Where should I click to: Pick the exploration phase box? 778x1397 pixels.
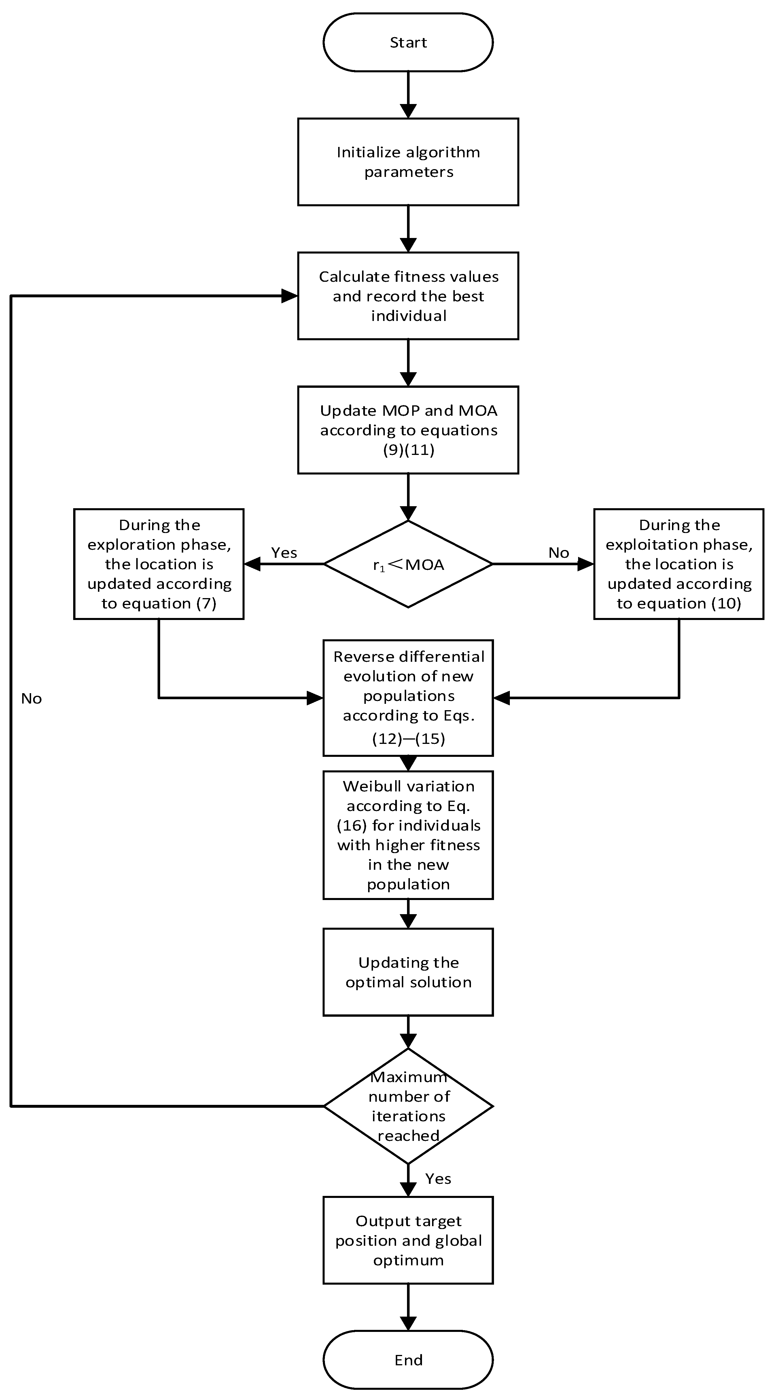(159, 564)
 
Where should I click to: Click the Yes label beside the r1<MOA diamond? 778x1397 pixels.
(284, 553)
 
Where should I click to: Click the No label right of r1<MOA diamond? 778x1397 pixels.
(559, 553)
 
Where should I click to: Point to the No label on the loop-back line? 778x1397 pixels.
(31, 698)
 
